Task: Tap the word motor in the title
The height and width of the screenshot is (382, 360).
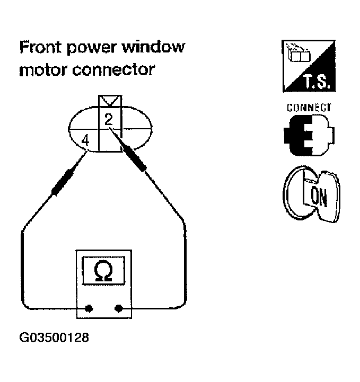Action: (41, 69)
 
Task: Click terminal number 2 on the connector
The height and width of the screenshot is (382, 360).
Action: (108, 120)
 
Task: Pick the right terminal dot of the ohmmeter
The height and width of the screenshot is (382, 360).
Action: (118, 308)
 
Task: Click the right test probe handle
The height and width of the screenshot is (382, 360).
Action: (135, 157)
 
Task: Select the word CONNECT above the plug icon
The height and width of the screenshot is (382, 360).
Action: (309, 107)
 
